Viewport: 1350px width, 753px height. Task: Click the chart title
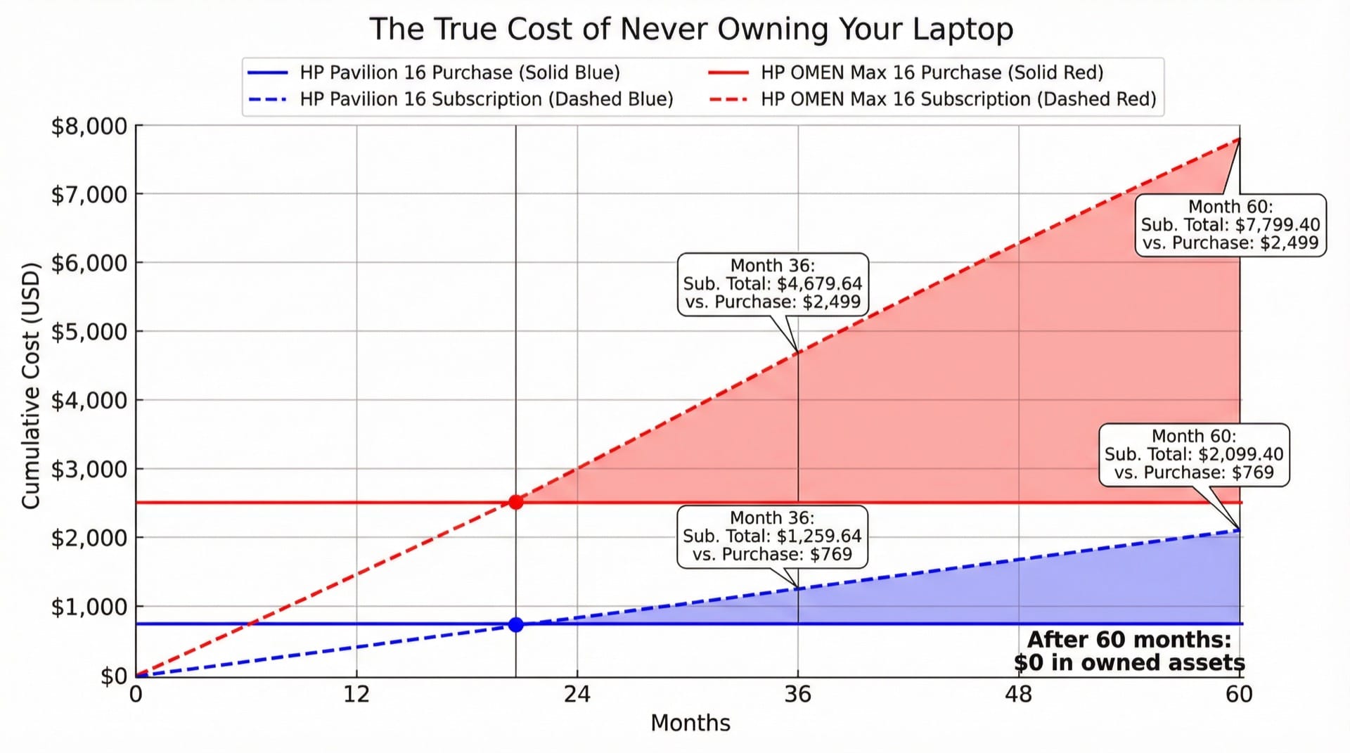[691, 30]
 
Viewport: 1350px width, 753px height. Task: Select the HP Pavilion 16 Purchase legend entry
[460, 72]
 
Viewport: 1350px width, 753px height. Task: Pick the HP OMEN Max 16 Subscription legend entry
[958, 99]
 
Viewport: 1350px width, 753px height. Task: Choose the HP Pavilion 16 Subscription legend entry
[486, 99]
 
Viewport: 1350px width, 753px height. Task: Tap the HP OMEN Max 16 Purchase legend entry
[932, 72]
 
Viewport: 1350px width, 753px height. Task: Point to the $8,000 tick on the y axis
[89, 127]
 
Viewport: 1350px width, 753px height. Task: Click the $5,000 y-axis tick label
[89, 332]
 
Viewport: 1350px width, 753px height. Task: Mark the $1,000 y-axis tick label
[89, 607]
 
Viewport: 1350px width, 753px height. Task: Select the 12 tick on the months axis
[356, 695]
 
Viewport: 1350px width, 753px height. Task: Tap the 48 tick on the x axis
[1018, 695]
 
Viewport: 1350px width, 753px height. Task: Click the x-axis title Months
[690, 723]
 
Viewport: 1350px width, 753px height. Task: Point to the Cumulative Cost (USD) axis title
[30, 385]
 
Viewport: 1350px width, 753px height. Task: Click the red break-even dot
[516, 502]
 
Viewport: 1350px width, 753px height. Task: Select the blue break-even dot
[516, 624]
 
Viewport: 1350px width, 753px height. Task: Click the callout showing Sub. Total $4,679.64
[773, 284]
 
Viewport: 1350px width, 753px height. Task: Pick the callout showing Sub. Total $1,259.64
[772, 536]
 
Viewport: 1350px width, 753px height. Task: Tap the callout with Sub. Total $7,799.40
[1230, 225]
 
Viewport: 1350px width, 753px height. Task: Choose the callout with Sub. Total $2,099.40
[1194, 455]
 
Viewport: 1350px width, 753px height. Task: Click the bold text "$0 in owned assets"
[1129, 663]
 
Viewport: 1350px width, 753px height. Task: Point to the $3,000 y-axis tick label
[89, 470]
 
